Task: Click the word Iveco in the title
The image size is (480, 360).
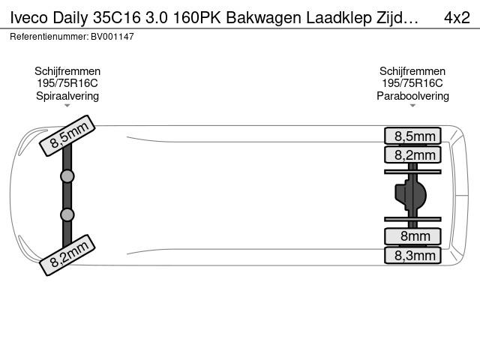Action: coord(28,18)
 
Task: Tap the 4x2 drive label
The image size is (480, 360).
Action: coord(457,18)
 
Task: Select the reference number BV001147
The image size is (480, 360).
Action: coord(112,37)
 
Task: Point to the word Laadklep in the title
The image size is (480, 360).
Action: coord(339,18)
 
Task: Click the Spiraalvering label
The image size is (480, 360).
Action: coord(67,96)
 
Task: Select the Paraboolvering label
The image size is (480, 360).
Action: coord(412,96)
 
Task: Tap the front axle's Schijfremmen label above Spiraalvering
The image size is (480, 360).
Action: coord(67,71)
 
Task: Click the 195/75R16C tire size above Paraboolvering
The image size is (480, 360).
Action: coord(412,83)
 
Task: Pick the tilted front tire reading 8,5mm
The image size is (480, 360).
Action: coord(67,136)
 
